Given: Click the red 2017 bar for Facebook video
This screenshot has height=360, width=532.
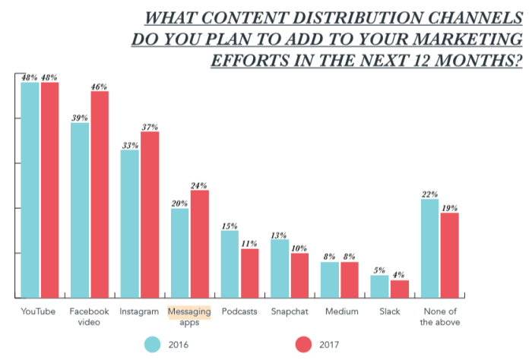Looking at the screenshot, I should coord(100,194).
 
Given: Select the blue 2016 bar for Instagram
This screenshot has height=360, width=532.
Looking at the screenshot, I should coord(129,223).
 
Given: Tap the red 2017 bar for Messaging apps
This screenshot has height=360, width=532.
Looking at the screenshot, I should coord(199,243).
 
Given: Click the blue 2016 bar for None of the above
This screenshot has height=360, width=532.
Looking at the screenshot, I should coord(430,248).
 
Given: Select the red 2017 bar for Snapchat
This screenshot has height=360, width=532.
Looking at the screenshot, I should coord(299,275).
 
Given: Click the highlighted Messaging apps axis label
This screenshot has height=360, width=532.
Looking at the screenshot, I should coord(189,316).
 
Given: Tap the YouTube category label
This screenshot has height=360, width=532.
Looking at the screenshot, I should coord(39,311).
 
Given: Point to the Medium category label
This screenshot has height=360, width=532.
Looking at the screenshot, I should coord(339,311).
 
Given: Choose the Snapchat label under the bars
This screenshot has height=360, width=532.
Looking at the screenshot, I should coord(290,311).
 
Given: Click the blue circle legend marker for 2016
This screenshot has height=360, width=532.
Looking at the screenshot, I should coord(154,344).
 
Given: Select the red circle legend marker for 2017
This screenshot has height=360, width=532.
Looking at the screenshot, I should coord(304,344).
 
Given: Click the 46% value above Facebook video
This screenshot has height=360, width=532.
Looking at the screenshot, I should coord(100,87).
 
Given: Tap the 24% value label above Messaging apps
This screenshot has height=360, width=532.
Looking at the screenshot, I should coord(199,185).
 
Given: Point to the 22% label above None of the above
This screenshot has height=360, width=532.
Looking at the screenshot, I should coord(430,194).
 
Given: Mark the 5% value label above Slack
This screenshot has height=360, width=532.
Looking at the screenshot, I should coord(379,270).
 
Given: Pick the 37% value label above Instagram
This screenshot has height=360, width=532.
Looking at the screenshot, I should coord(150,126).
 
